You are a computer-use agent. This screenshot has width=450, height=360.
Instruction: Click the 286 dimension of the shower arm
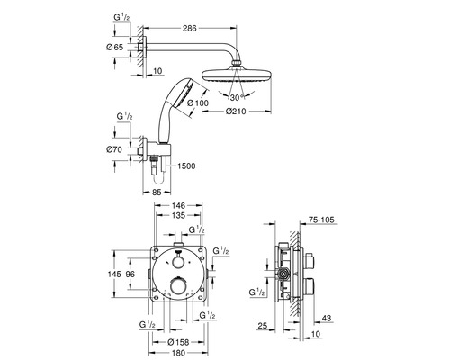click(190, 28)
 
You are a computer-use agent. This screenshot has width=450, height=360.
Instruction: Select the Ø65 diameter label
click(114, 47)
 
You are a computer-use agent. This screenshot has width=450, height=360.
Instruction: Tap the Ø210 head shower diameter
click(236, 112)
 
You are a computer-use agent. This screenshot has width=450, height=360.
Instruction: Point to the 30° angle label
click(238, 97)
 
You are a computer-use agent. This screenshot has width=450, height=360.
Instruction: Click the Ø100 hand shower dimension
click(197, 103)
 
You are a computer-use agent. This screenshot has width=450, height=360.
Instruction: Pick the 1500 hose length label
click(186, 166)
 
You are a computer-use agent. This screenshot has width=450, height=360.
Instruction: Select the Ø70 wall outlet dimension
click(114, 149)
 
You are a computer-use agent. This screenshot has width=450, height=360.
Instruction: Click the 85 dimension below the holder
click(157, 192)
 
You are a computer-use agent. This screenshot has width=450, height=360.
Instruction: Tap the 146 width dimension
click(179, 206)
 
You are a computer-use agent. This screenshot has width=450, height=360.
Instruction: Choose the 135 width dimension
click(179, 215)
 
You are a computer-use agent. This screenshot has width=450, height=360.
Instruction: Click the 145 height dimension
click(114, 274)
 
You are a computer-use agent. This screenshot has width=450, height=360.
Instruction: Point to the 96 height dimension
click(130, 274)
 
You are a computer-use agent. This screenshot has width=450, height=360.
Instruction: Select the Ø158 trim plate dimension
click(178, 342)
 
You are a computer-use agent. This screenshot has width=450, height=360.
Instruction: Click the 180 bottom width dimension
click(179, 352)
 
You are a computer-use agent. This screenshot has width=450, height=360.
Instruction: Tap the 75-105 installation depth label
click(321, 220)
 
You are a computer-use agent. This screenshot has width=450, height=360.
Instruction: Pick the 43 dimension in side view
click(326, 318)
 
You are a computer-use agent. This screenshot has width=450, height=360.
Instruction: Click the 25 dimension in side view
click(262, 326)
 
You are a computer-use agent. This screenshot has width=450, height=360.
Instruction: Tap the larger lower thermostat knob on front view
click(178, 285)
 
